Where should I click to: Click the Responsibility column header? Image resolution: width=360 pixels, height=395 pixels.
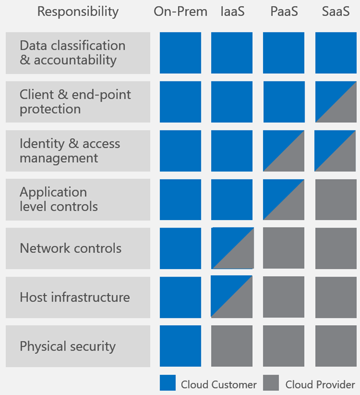point(78,12)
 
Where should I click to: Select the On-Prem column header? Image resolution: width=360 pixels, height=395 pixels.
point(181,12)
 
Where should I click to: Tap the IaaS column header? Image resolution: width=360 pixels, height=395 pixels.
point(232,12)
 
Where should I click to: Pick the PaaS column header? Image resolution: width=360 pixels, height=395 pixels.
point(283,12)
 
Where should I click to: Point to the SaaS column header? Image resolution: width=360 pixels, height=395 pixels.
point(335,12)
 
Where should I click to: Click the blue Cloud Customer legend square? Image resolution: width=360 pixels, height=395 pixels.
point(167,383)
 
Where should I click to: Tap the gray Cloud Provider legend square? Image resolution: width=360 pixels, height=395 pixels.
point(271,383)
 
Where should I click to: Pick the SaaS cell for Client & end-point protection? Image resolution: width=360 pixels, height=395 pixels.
point(336,102)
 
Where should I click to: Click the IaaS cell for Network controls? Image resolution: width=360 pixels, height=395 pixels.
point(232,248)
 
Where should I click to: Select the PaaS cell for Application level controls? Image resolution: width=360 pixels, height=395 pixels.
point(284,199)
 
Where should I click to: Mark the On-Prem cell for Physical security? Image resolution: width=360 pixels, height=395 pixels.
point(181,346)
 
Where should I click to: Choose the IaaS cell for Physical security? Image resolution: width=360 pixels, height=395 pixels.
point(232,346)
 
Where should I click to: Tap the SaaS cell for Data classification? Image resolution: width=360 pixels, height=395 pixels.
point(336,53)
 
